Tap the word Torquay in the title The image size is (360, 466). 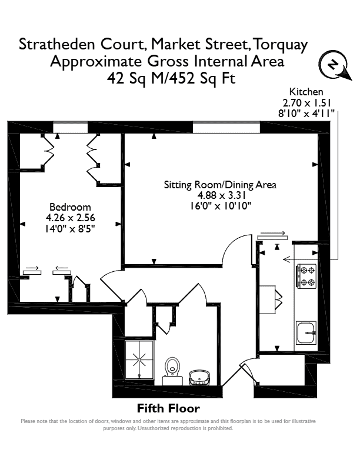281,45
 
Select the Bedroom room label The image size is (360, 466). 70,207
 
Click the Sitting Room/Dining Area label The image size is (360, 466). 220,185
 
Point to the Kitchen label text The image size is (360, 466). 306,92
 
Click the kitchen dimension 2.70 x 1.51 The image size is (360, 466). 306,103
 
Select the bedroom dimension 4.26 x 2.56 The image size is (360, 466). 71,218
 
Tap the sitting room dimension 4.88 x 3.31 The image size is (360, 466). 221,195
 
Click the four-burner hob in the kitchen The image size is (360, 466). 306,276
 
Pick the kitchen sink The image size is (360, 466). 306,332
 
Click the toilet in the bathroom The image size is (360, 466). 172,371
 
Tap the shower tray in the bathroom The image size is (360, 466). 139,360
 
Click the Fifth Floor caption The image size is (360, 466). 168,408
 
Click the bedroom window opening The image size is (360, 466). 71,127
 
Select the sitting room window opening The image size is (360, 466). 226,127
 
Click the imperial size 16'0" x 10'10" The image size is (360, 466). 221,206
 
